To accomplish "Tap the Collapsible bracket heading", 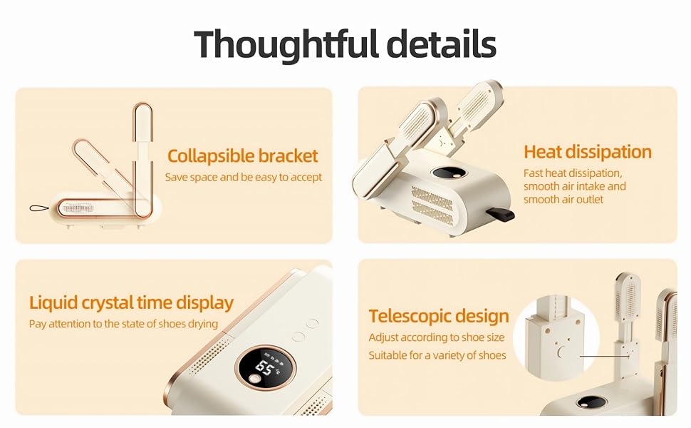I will pyautogui.click(x=242, y=156).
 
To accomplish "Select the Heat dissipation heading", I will pyautogui.click(x=588, y=151).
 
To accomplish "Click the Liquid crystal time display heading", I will pyautogui.click(x=131, y=302).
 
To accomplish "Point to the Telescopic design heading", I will pyautogui.click(x=439, y=316).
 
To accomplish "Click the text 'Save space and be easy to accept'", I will pyautogui.click(x=244, y=177).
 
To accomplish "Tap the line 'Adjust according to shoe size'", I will pyautogui.click(x=437, y=337).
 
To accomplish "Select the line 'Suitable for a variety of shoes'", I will pyautogui.click(x=437, y=355).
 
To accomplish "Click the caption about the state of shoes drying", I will pyautogui.click(x=123, y=324).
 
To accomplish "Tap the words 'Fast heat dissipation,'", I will pyautogui.click(x=573, y=173).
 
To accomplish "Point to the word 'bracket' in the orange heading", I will pyautogui.click(x=288, y=156).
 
